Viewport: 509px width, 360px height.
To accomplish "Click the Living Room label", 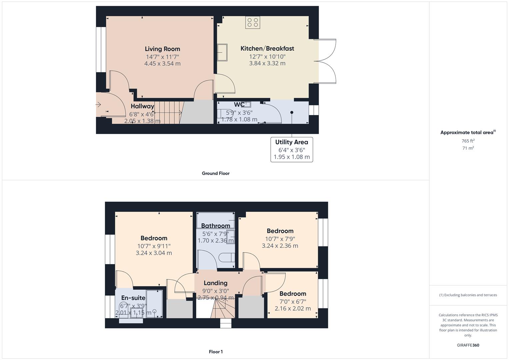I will (162, 49).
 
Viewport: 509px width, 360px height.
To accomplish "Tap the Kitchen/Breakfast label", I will (267, 49).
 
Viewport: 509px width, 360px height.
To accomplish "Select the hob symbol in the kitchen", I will (253, 22).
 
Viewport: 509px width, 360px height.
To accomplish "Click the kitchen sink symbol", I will (222, 53).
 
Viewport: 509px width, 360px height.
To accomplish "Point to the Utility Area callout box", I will (292, 149).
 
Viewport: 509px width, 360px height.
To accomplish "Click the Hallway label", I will (142, 106).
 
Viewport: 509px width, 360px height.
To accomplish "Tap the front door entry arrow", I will (98, 105).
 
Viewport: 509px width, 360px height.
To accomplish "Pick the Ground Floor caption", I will (216, 173).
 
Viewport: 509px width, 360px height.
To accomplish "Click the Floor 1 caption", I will (216, 352).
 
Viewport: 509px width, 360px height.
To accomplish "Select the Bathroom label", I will (216, 226).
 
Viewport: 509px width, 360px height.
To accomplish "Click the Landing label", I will (216, 283).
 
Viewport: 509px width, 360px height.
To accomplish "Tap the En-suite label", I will (133, 298).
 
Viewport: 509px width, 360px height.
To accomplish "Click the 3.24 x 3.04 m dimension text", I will (154, 253).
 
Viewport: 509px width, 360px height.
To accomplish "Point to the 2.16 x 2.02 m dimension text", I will (293, 309).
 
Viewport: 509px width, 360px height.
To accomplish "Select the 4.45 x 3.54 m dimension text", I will (162, 64).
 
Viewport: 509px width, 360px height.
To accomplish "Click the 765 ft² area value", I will (468, 141).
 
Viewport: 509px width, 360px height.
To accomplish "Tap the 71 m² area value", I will (468, 148).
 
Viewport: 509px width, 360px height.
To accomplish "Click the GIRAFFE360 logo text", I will (468, 345).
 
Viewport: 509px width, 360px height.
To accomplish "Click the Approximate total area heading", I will (468, 132).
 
